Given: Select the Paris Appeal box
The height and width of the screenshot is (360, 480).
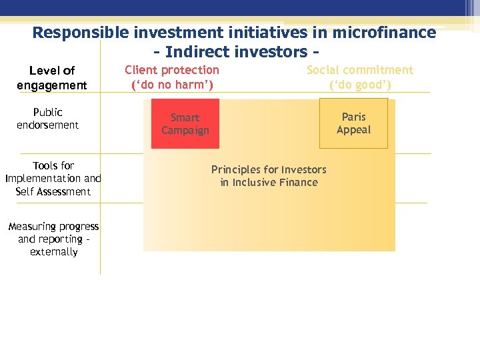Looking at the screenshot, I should coord(353,123).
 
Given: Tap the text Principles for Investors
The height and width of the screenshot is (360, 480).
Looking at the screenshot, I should coord(269,169).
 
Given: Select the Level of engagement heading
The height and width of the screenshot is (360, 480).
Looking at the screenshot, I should coord(52,77).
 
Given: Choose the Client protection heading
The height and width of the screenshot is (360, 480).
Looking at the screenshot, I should coord(172,70).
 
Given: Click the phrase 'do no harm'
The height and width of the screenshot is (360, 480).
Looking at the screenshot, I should coord(172,85).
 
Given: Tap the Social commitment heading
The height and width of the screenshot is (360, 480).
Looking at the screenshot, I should coord(359,70).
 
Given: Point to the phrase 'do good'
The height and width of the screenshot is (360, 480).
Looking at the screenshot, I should coord(360,85).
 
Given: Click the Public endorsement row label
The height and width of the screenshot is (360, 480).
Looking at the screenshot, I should coord(47,118).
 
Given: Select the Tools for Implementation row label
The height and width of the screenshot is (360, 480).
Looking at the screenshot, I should coord(53,172).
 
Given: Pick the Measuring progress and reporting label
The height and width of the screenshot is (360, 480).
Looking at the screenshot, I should coord(53,233).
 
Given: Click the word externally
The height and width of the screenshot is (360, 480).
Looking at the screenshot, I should coord(53,252).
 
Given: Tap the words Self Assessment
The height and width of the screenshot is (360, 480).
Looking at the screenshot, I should coord(53,191).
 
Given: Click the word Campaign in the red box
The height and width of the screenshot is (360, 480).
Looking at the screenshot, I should coord(185,131).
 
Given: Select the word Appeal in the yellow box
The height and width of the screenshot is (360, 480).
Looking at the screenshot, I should coord(353,130).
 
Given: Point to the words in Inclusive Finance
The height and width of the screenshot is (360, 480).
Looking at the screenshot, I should coord(269,182).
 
